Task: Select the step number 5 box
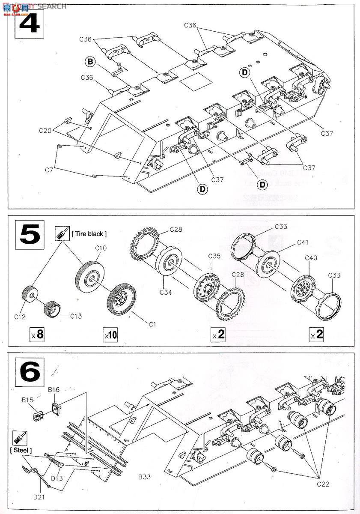point(29,233)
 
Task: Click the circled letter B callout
point(90,62)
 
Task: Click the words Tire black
point(89,233)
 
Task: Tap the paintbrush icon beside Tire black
point(62,233)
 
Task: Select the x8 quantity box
point(37,335)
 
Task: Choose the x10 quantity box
point(110,335)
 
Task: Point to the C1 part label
point(152,324)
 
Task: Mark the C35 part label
point(214,256)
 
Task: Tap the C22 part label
point(323,484)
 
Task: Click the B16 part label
point(54,389)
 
